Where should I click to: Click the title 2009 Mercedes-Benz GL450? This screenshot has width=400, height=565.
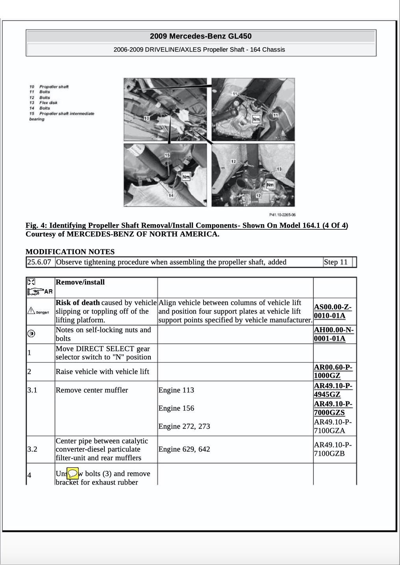click(200, 36)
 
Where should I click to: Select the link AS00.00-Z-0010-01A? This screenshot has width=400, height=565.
click(333, 311)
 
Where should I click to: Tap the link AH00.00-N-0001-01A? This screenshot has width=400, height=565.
click(333, 334)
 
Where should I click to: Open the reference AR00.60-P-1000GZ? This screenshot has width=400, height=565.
click(333, 372)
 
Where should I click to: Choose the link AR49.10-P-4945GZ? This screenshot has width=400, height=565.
click(333, 390)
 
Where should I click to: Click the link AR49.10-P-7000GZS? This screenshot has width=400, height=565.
click(333, 408)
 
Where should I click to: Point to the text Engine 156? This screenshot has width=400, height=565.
click(176, 408)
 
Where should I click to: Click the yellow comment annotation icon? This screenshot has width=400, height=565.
click(72, 473)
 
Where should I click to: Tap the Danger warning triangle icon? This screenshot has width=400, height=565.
click(31, 311)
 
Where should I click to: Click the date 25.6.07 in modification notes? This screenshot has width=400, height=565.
click(40, 262)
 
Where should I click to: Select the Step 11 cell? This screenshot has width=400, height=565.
click(336, 262)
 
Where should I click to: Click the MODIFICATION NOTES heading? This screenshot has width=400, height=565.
click(70, 252)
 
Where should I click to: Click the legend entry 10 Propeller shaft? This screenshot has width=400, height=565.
click(49, 87)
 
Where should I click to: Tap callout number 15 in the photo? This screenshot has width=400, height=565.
click(167, 155)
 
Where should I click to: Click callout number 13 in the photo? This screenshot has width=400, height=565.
click(279, 169)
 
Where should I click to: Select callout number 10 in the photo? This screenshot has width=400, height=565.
click(146, 118)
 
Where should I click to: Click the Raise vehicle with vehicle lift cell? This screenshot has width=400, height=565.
click(102, 372)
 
